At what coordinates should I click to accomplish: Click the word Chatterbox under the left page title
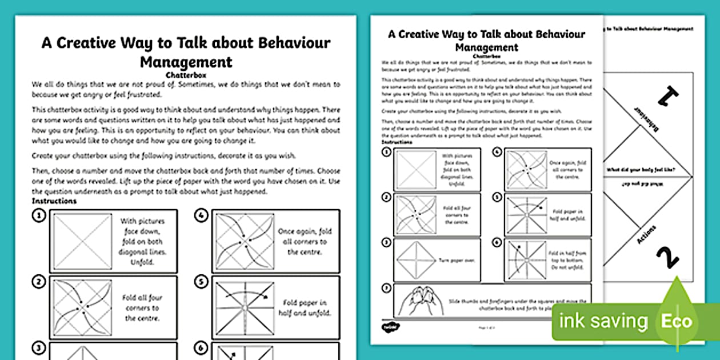[186, 74]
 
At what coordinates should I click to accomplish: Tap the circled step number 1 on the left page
[39, 216]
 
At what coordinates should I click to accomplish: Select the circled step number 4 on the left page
[201, 216]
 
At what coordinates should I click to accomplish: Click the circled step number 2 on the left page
[39, 282]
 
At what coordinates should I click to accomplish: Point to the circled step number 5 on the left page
[201, 282]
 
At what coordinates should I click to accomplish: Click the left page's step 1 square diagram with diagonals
[82, 242]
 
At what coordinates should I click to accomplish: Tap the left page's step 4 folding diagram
[243, 242]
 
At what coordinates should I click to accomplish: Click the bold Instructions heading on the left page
[54, 201]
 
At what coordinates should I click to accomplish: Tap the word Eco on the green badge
[677, 321]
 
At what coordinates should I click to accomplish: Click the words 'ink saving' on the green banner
[603, 321]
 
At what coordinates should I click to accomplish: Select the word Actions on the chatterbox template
[646, 235]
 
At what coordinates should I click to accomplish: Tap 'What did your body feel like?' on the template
[642, 170]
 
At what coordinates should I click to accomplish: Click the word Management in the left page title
[186, 61]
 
